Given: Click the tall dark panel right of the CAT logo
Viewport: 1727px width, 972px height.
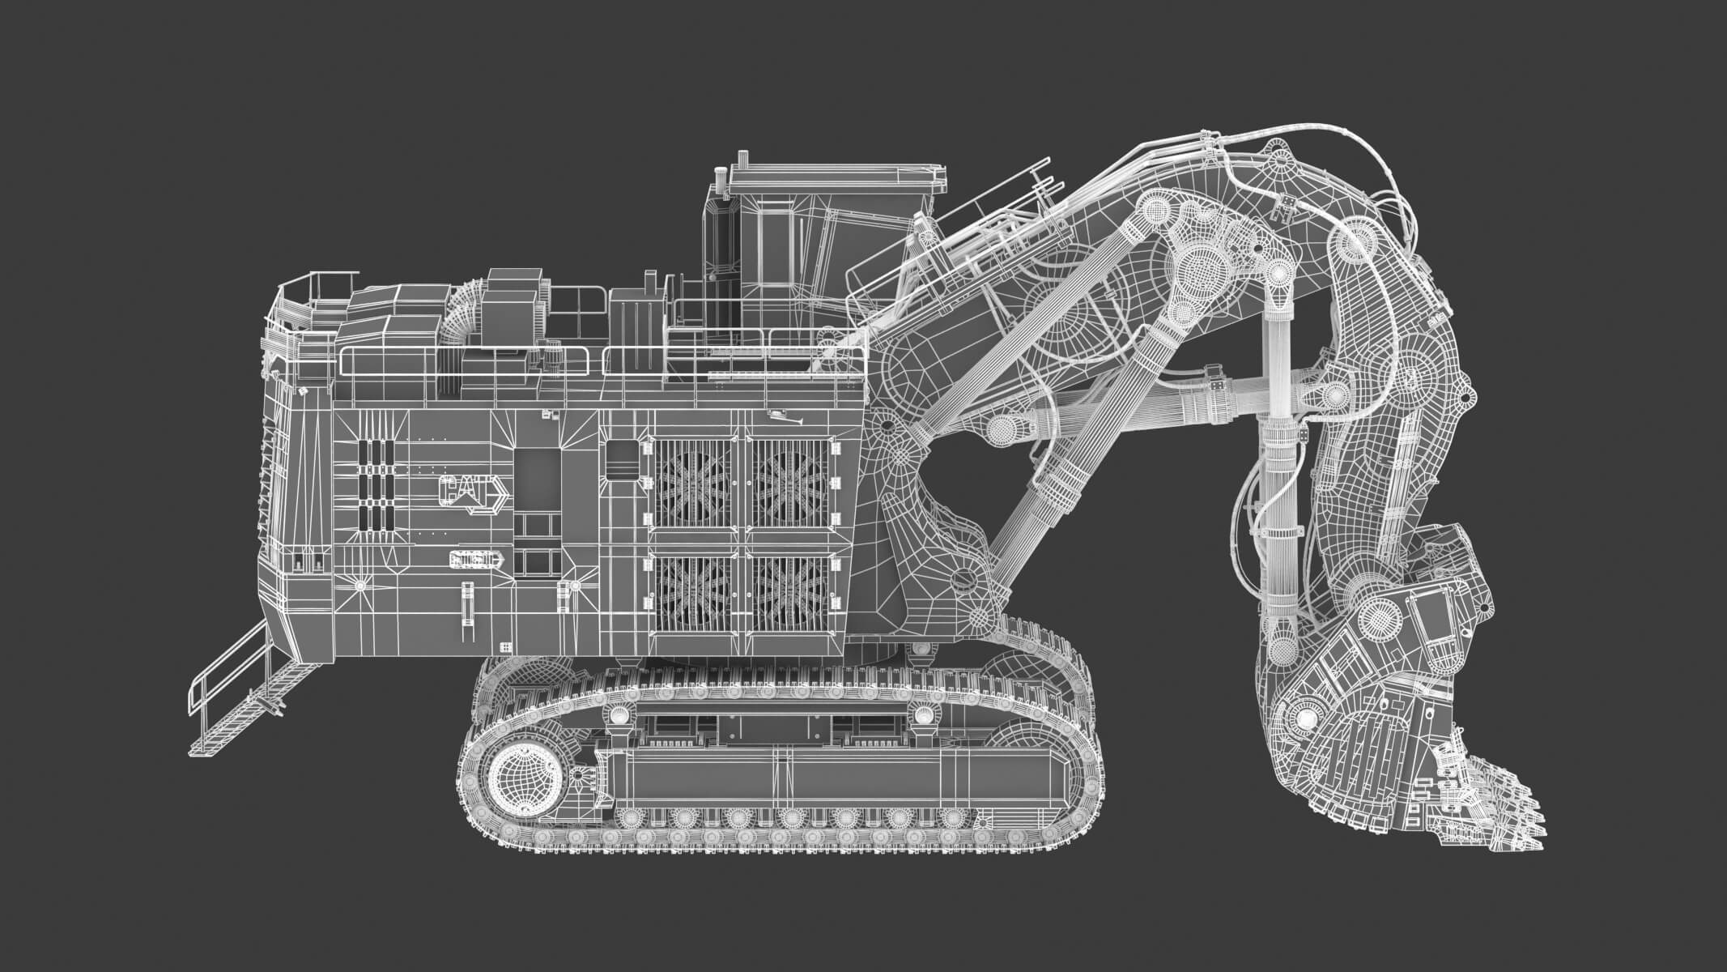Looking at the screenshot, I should pyautogui.click(x=538, y=478).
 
